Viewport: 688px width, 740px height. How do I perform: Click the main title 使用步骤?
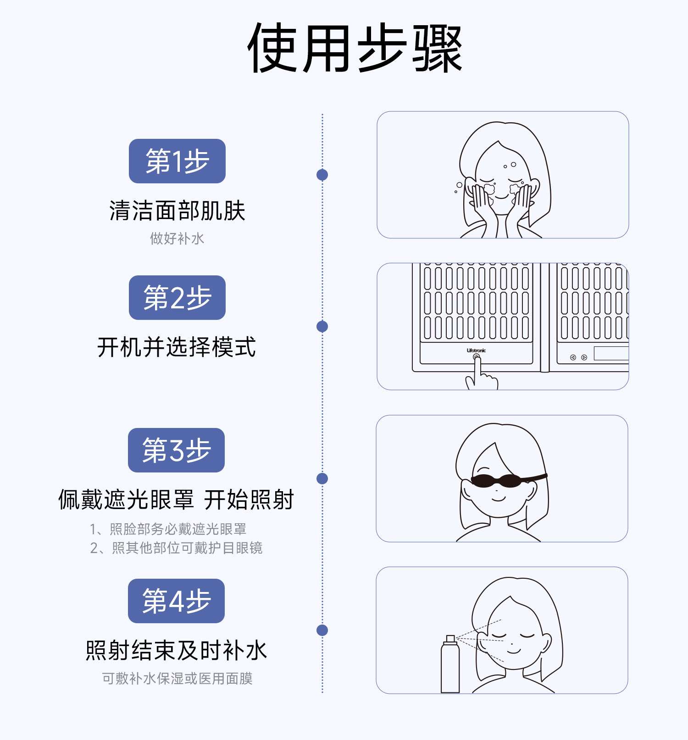coord(354,49)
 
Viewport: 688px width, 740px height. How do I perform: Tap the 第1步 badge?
coord(177,161)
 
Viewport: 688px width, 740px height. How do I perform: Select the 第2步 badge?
coord(177,298)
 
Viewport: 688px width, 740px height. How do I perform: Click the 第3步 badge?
coord(176,450)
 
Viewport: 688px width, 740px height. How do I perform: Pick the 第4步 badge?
coord(176,601)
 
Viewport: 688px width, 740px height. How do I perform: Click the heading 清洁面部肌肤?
coord(177,211)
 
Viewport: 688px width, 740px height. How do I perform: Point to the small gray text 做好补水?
coord(177,239)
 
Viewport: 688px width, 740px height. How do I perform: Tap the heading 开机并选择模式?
coord(177,347)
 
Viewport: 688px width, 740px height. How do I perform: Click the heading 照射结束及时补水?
coord(176,650)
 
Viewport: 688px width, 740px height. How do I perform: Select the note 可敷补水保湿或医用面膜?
coord(177,679)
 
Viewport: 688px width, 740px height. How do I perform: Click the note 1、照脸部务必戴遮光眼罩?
coord(168,529)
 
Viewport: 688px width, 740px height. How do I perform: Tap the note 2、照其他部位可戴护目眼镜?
coord(176,548)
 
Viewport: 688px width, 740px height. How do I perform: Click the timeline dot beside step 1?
coord(322,175)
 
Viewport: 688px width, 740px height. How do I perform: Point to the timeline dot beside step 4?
coord(322,630)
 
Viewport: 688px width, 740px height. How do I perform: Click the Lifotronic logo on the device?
coord(476,351)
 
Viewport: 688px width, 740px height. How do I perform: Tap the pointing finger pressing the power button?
coord(479,376)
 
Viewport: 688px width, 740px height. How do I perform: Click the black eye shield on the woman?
coord(498,481)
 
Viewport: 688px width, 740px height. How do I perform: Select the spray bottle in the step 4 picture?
coord(450,667)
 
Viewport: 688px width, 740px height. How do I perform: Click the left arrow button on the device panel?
coord(573,357)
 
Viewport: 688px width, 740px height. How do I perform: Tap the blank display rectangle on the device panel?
coord(611,353)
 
